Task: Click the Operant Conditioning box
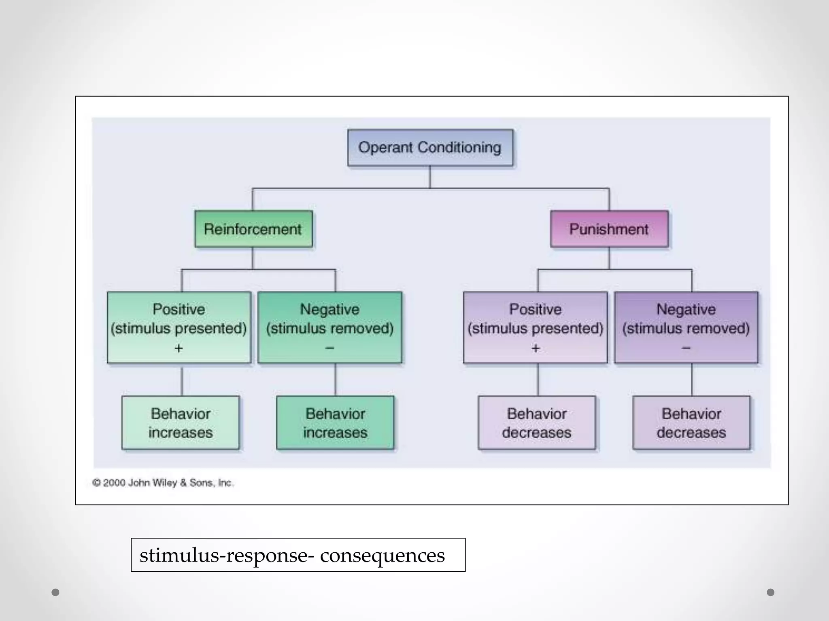(x=430, y=148)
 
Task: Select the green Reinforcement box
(x=253, y=229)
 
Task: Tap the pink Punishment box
(x=609, y=229)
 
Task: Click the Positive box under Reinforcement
(x=179, y=327)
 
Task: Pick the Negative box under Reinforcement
(x=329, y=327)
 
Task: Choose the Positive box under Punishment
(x=535, y=327)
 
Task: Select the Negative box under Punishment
(x=686, y=327)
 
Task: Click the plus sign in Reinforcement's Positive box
(x=179, y=348)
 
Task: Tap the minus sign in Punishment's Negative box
(x=686, y=348)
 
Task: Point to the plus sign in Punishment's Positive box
(x=536, y=348)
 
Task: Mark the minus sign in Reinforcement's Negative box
(x=329, y=348)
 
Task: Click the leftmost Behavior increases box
(x=181, y=423)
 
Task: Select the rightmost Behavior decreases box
(x=691, y=423)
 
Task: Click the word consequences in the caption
(x=382, y=556)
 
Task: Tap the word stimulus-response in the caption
(x=227, y=556)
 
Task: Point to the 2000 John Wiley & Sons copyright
(x=163, y=483)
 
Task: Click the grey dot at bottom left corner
(x=55, y=592)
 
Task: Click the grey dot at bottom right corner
(x=770, y=592)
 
